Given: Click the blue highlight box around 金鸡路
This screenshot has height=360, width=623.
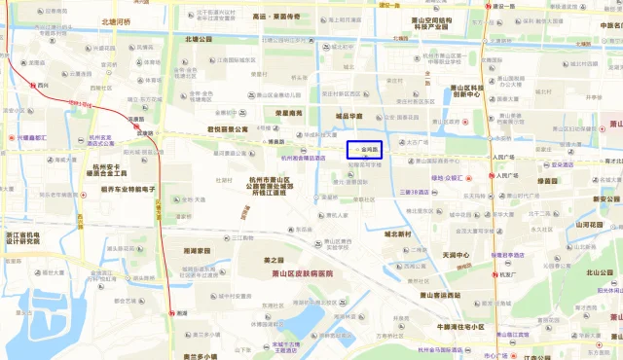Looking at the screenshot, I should click(366, 151).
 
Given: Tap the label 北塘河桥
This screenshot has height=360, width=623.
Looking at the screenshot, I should click(124, 20).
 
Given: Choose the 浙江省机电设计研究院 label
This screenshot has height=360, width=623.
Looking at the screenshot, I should click(24, 239).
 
